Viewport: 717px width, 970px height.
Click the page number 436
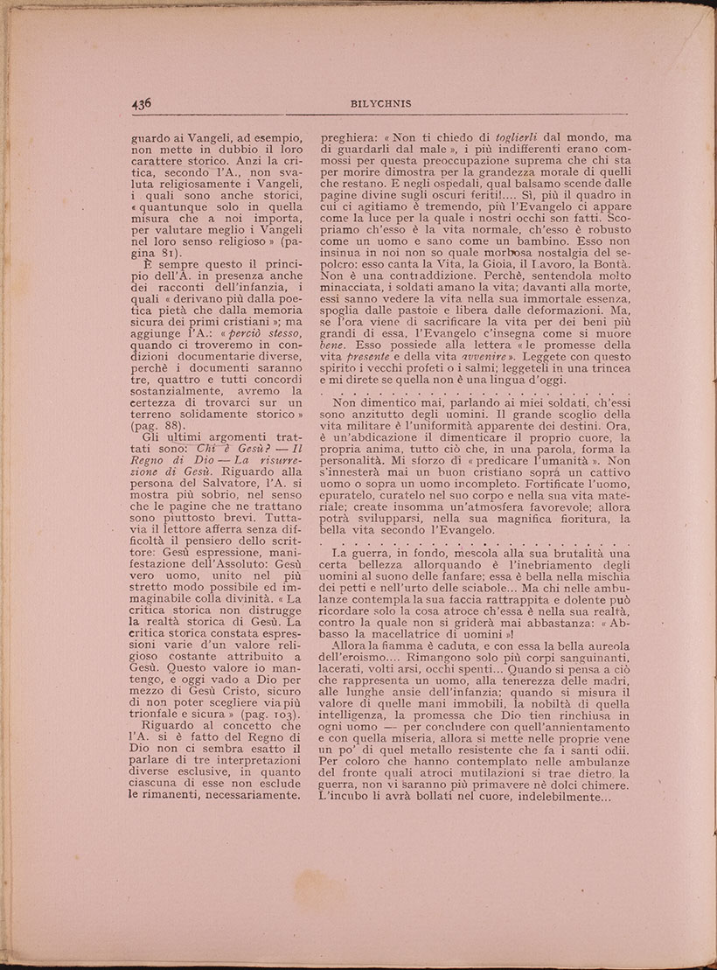tap(142, 102)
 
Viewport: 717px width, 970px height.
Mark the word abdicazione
tap(387, 437)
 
